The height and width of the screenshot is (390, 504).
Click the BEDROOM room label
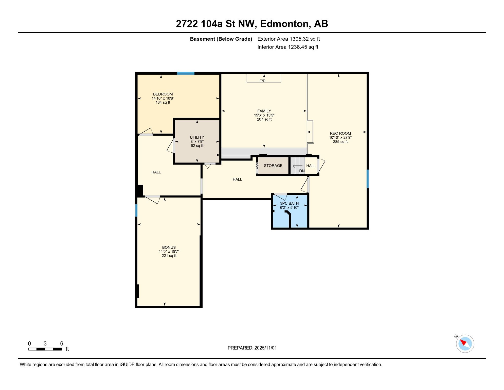click(163, 94)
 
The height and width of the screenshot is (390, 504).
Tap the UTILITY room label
click(197, 137)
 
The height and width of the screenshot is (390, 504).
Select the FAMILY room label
click(264, 111)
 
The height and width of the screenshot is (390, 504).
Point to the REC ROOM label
click(340, 133)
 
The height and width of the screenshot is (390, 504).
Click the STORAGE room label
click(273, 166)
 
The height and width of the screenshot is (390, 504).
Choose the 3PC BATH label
click(289, 203)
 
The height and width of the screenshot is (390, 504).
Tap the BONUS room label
click(169, 247)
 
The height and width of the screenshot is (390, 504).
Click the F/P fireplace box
click(264, 78)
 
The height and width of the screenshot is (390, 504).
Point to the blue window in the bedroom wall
click(186, 73)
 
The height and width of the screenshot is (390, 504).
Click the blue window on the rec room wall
click(368, 179)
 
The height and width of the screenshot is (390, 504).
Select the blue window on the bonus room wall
click(136, 210)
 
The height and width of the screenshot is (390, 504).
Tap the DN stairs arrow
click(297, 166)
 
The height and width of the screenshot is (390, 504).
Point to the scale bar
click(45, 349)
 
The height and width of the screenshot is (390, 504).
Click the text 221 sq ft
click(169, 256)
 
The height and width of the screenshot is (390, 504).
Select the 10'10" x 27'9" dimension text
click(340, 138)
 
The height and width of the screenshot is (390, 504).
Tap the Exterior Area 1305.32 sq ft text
click(289, 39)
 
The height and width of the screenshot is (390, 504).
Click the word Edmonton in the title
click(284, 24)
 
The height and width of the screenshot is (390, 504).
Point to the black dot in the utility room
click(218, 155)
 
